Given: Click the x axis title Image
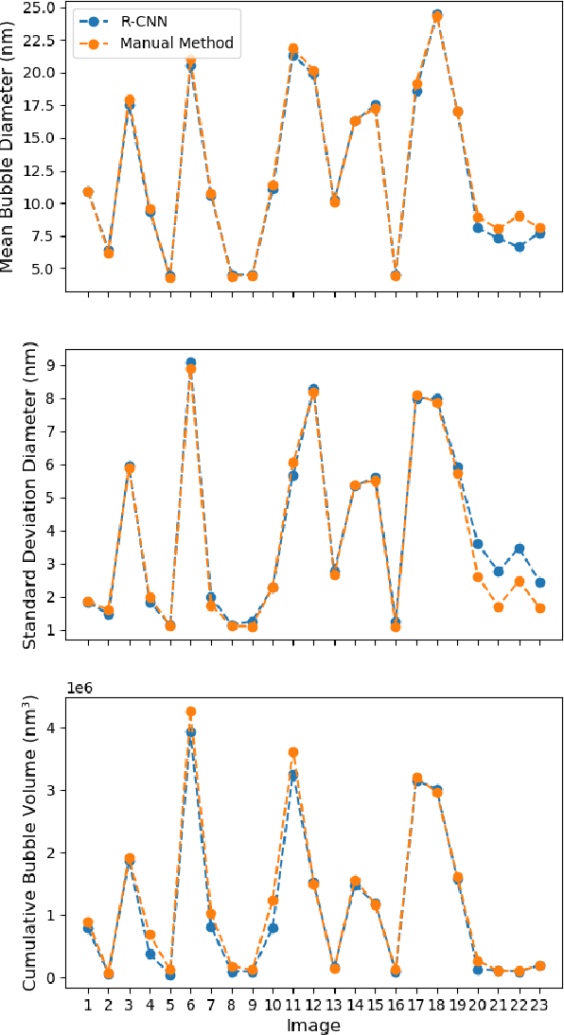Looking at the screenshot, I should tap(314, 1024).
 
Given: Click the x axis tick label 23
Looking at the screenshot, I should tap(539, 1002).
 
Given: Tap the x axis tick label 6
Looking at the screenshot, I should tap(190, 1002).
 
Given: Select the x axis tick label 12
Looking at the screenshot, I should tap(313, 1002).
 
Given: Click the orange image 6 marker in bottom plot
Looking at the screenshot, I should tap(190, 711).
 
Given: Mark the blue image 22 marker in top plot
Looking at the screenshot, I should tap(520, 247).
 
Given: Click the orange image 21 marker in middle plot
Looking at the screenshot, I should tap(499, 606).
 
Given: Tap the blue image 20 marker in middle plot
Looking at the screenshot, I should tap(478, 544).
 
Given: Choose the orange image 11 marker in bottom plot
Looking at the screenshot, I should tap(293, 752).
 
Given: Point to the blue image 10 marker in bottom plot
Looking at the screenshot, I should tap(273, 928).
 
